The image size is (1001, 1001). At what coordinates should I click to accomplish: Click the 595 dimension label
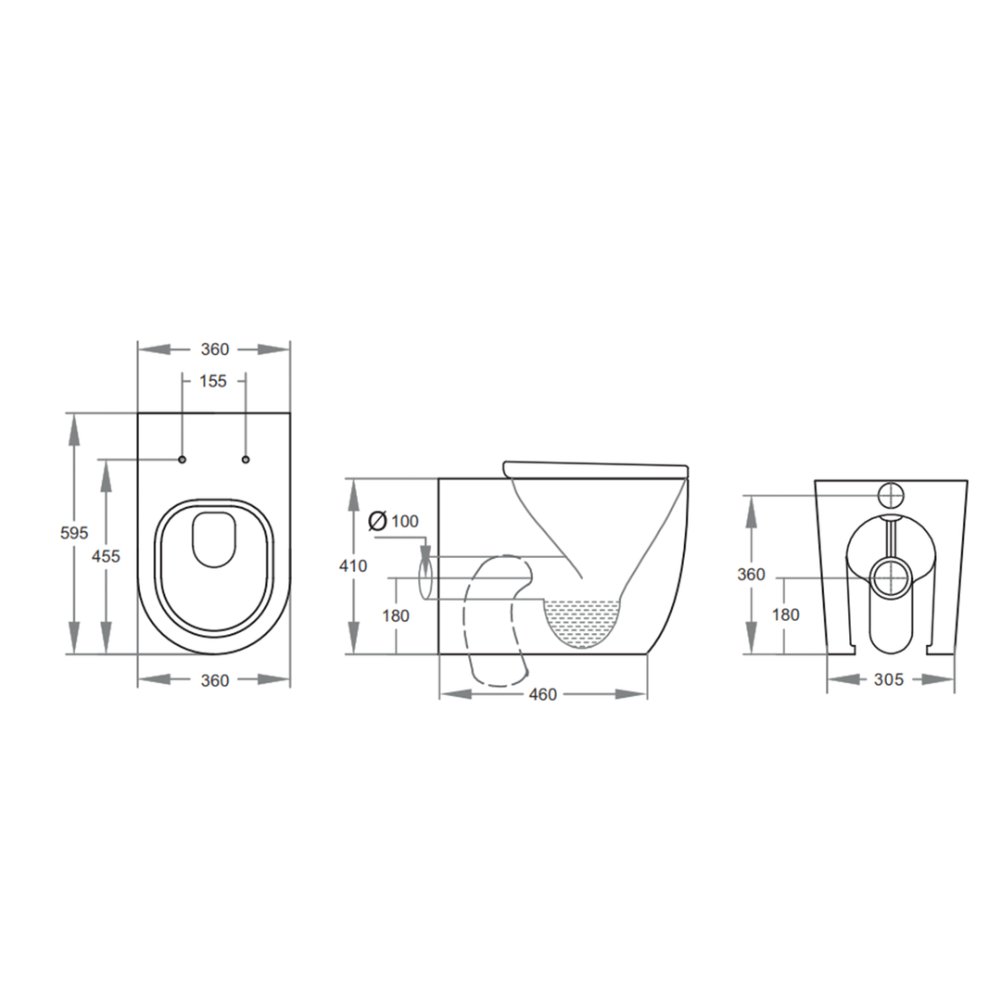click(74, 533)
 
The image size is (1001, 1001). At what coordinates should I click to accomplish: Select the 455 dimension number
click(106, 556)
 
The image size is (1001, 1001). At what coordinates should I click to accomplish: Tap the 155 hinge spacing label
click(213, 381)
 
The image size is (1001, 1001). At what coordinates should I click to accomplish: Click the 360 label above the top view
click(215, 349)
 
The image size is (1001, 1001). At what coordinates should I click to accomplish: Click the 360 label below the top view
click(215, 680)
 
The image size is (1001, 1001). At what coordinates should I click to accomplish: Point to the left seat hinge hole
click(183, 459)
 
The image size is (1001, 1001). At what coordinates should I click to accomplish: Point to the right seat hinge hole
click(246, 459)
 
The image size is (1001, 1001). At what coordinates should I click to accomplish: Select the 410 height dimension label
click(353, 565)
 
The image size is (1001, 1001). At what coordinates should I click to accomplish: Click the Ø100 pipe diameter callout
click(393, 521)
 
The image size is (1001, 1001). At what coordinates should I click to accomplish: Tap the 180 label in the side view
click(396, 615)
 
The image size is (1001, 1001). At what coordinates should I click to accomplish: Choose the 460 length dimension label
click(543, 694)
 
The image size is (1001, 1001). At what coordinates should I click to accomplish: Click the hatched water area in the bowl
click(582, 621)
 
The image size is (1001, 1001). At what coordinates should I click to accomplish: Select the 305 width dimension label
click(889, 679)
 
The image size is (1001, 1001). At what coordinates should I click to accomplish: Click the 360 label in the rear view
click(751, 575)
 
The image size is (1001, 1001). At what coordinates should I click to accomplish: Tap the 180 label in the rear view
click(786, 615)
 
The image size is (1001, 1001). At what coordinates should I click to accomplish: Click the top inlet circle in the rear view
click(891, 495)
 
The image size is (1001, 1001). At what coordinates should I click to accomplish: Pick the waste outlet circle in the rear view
click(891, 577)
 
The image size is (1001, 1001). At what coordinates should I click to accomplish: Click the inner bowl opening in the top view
click(215, 538)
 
